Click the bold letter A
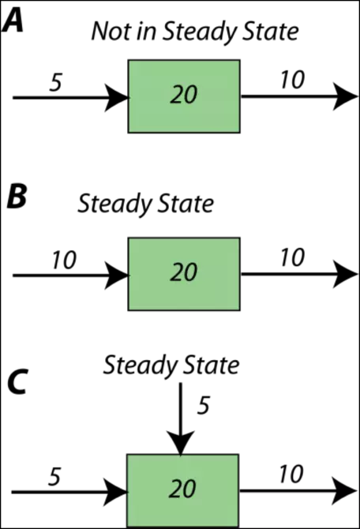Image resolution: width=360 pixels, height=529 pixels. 13,21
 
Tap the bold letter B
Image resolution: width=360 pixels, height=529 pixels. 17,197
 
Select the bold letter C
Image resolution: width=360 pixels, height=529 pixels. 17,382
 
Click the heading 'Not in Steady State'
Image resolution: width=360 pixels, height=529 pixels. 195,32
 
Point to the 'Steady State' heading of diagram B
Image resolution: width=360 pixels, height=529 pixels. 146,204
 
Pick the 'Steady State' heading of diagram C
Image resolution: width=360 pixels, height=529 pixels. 171,365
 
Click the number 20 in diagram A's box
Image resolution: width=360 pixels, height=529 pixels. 183,95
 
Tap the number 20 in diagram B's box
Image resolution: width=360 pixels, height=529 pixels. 183,272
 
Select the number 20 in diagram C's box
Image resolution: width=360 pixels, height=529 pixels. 182,490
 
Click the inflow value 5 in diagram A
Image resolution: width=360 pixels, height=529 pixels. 56,82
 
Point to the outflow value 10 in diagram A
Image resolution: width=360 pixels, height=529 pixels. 292,80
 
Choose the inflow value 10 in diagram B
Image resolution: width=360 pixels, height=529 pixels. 64,261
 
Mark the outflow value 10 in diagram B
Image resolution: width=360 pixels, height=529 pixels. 292,257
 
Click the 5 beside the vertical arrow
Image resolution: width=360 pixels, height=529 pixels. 204,405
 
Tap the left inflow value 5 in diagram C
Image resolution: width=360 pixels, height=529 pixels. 54,477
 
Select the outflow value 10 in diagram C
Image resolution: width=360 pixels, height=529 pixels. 291,475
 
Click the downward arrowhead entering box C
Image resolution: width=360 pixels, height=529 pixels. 181,443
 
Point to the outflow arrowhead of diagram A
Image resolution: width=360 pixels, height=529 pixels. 345,96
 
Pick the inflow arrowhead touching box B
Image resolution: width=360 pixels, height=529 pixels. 117,276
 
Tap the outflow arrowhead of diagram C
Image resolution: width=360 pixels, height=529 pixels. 344,490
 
